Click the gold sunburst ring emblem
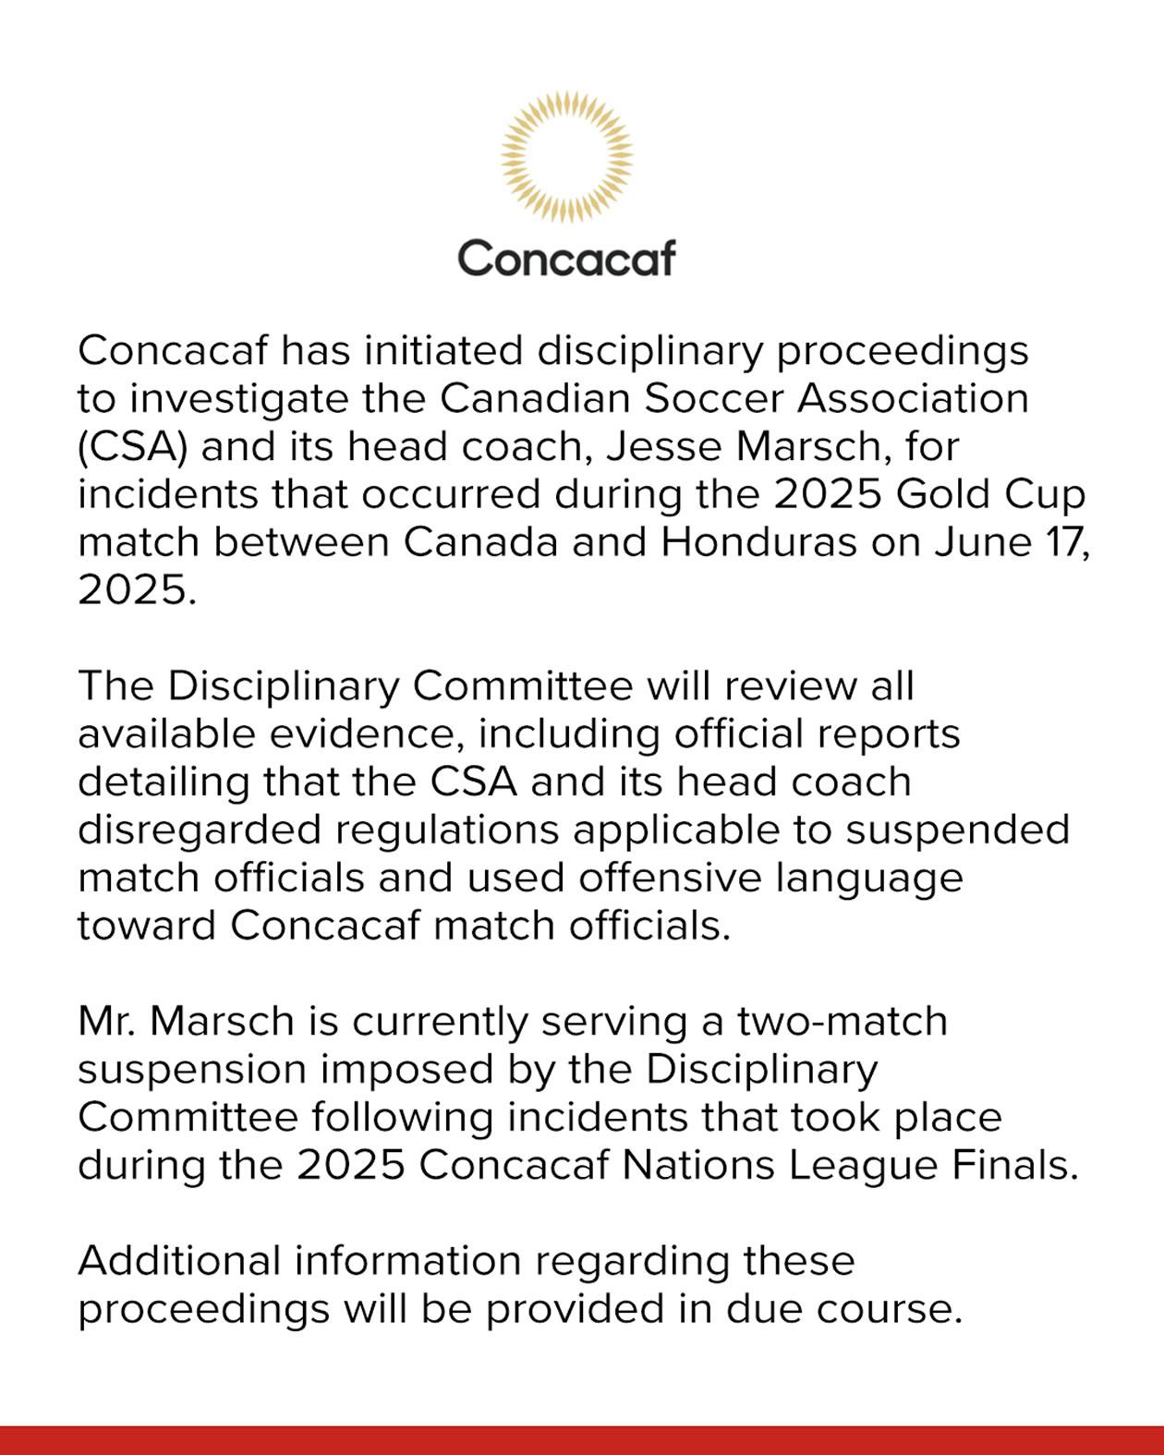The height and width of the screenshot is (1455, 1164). point(566,157)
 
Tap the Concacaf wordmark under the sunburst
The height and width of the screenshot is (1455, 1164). point(566,258)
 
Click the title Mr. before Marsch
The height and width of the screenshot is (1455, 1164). point(106,1022)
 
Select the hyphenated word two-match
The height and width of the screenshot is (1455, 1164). point(842,1022)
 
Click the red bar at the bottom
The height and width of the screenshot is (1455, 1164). point(582,1440)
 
